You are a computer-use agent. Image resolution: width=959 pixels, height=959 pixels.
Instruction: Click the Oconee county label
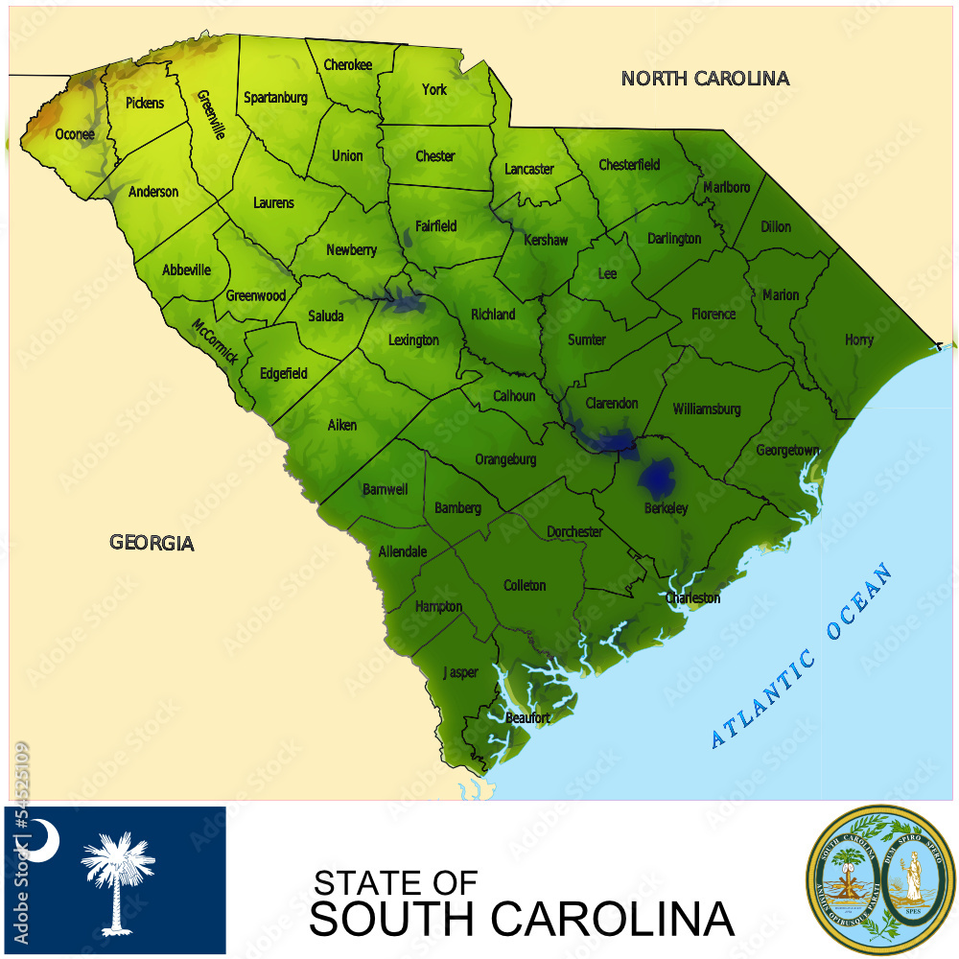click(x=75, y=134)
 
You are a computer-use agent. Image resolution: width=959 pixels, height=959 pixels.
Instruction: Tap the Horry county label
click(x=858, y=339)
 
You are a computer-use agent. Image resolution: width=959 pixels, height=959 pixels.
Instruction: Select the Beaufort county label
click(x=527, y=717)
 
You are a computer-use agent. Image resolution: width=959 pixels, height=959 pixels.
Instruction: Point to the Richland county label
click(x=493, y=314)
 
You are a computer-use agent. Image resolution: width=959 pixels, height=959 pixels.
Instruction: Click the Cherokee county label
click(x=347, y=65)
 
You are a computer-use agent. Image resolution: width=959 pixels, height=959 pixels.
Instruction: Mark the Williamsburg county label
click(x=707, y=409)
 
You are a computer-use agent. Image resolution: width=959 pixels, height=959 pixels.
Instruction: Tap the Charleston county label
click(x=692, y=598)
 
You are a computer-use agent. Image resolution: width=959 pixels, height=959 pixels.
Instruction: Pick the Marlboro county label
click(x=727, y=187)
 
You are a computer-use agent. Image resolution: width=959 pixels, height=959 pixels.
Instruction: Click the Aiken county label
click(x=342, y=425)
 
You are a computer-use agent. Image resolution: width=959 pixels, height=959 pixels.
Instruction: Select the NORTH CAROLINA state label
click(x=705, y=79)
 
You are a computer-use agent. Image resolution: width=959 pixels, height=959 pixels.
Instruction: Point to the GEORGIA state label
click(x=152, y=543)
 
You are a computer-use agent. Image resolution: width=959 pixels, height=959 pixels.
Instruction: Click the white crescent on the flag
click(x=42, y=840)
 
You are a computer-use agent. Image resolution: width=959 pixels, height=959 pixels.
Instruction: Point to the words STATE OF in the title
click(x=395, y=882)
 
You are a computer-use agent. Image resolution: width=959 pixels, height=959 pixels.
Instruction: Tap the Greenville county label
click(x=211, y=115)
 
